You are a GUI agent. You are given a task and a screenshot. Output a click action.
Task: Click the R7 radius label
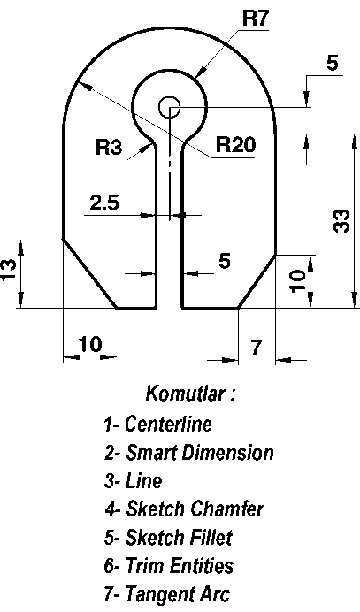click(x=256, y=18)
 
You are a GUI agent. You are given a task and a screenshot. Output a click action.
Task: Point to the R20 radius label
click(x=235, y=144)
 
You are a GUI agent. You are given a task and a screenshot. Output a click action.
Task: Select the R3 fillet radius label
click(x=109, y=147)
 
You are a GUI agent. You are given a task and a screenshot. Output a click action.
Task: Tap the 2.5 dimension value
click(x=104, y=203)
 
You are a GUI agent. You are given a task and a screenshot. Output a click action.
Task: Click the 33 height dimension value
click(x=341, y=221)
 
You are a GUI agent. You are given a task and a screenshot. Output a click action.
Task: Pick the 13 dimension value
click(x=9, y=269)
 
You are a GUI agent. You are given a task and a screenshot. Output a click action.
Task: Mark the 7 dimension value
click(x=256, y=348)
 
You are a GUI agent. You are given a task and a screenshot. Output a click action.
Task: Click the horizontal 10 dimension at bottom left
click(x=90, y=345)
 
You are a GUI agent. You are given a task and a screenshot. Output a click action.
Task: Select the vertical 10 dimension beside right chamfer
click(x=298, y=279)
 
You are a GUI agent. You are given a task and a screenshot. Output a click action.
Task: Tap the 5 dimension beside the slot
click(x=225, y=261)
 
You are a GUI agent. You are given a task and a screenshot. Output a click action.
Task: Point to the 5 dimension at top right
click(x=332, y=63)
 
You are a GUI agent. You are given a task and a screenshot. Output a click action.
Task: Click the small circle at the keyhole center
click(x=170, y=107)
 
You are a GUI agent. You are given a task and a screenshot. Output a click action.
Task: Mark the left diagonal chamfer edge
click(x=90, y=273)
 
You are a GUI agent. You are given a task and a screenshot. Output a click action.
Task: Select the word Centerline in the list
click(x=168, y=424)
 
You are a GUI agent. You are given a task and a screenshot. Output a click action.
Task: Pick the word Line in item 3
click(x=143, y=481)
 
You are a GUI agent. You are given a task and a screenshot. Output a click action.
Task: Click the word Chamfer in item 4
click(x=227, y=509)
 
